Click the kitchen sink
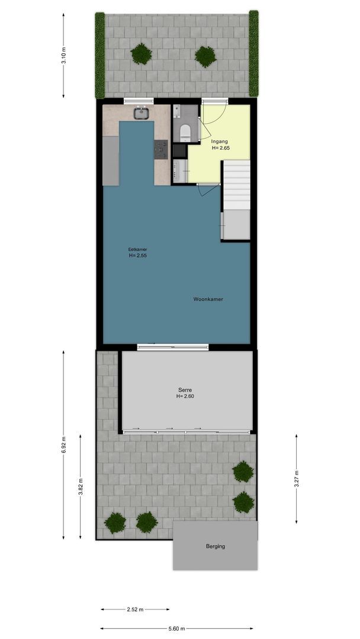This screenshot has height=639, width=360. [142, 113]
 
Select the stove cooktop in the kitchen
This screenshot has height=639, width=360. [160, 150]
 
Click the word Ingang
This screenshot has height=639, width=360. [219, 142]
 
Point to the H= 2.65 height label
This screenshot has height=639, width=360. [221, 149]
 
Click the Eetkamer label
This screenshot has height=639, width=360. [137, 250]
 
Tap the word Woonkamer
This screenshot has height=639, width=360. [208, 299]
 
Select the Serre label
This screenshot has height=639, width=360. [185, 389]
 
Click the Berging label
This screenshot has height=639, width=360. [216, 547]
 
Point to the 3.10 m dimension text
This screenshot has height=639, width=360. [63, 56]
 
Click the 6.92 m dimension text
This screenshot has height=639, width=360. [63, 444]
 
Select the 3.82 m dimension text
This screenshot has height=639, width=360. [80, 486]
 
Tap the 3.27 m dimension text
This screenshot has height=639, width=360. [296, 479]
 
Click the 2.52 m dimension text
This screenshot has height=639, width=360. [135, 609]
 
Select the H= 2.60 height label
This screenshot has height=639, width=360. [185, 396]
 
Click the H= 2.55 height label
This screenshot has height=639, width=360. [137, 256]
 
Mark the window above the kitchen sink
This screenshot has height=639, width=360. [139, 101]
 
